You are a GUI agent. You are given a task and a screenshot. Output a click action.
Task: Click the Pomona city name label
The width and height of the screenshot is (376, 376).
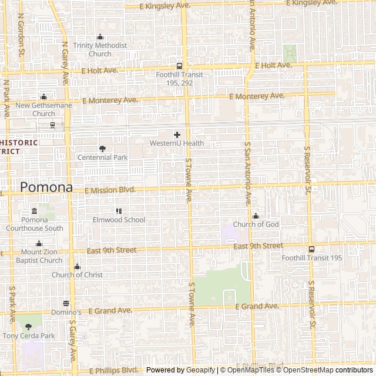point(46,187)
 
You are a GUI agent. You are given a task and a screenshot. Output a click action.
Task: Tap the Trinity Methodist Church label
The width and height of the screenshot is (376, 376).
point(100,50)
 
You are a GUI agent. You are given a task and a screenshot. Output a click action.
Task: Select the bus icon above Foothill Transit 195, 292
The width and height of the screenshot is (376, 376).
point(179,66)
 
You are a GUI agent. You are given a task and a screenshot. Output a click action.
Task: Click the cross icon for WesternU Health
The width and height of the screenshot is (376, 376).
point(177,135)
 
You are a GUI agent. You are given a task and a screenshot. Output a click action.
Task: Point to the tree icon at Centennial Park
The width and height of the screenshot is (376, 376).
point(102,149)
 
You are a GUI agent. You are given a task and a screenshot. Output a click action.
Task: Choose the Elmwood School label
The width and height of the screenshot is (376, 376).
point(119,220)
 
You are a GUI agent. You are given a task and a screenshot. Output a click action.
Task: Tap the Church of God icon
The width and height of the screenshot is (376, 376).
point(256,216)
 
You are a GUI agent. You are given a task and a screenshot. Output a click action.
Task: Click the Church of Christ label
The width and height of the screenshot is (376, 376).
point(77,275)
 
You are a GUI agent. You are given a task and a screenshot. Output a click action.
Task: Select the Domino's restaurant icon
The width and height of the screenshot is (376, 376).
point(66,304)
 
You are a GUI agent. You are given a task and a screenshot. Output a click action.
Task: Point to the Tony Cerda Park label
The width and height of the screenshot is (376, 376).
point(28,336)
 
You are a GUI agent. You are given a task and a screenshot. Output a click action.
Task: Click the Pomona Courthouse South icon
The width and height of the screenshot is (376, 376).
point(34,211)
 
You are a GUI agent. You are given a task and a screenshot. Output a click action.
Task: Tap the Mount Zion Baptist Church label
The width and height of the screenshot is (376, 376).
point(39,256)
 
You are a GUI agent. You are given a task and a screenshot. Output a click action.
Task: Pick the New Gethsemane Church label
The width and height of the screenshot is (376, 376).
point(43,109)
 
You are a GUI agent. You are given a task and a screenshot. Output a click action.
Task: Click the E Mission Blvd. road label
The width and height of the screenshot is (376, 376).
point(110,190)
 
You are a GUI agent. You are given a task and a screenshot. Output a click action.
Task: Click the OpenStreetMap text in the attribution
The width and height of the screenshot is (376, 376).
point(309,370)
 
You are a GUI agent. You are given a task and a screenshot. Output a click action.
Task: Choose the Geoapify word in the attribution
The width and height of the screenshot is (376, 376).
point(200,370)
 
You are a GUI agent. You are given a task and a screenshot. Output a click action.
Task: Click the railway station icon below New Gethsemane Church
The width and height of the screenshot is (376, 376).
point(53,125)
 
